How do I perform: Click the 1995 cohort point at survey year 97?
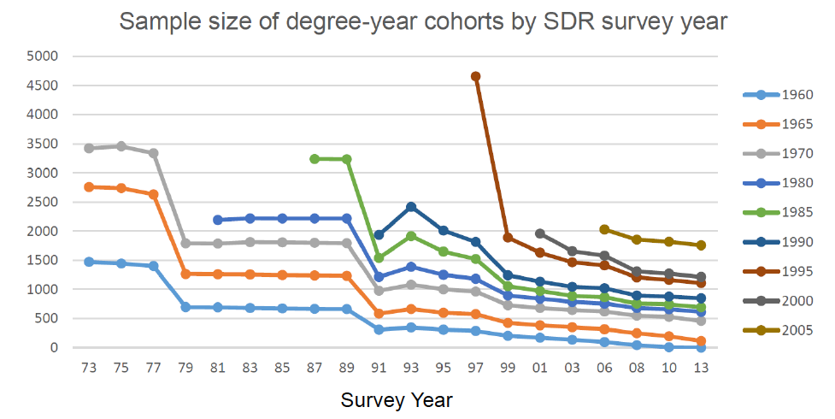pos(475,76)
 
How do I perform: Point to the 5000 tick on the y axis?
pos(43,56)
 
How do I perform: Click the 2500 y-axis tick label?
pos(43,202)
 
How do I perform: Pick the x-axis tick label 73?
pos(88,367)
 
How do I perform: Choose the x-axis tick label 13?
pos(701,367)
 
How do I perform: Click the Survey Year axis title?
pos(397,400)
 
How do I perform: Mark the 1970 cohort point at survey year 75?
pos(121,146)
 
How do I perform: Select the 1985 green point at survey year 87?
pos(315,158)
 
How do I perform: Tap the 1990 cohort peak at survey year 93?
pos(411,206)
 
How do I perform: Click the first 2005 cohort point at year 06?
pos(604,229)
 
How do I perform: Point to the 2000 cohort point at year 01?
pos(539,233)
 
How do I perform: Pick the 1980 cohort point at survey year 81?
pos(218,220)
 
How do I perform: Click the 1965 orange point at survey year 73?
pos(88,186)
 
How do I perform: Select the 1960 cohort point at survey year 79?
pos(185,306)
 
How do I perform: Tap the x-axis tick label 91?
pos(379,367)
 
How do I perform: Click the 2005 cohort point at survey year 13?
pos(701,245)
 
